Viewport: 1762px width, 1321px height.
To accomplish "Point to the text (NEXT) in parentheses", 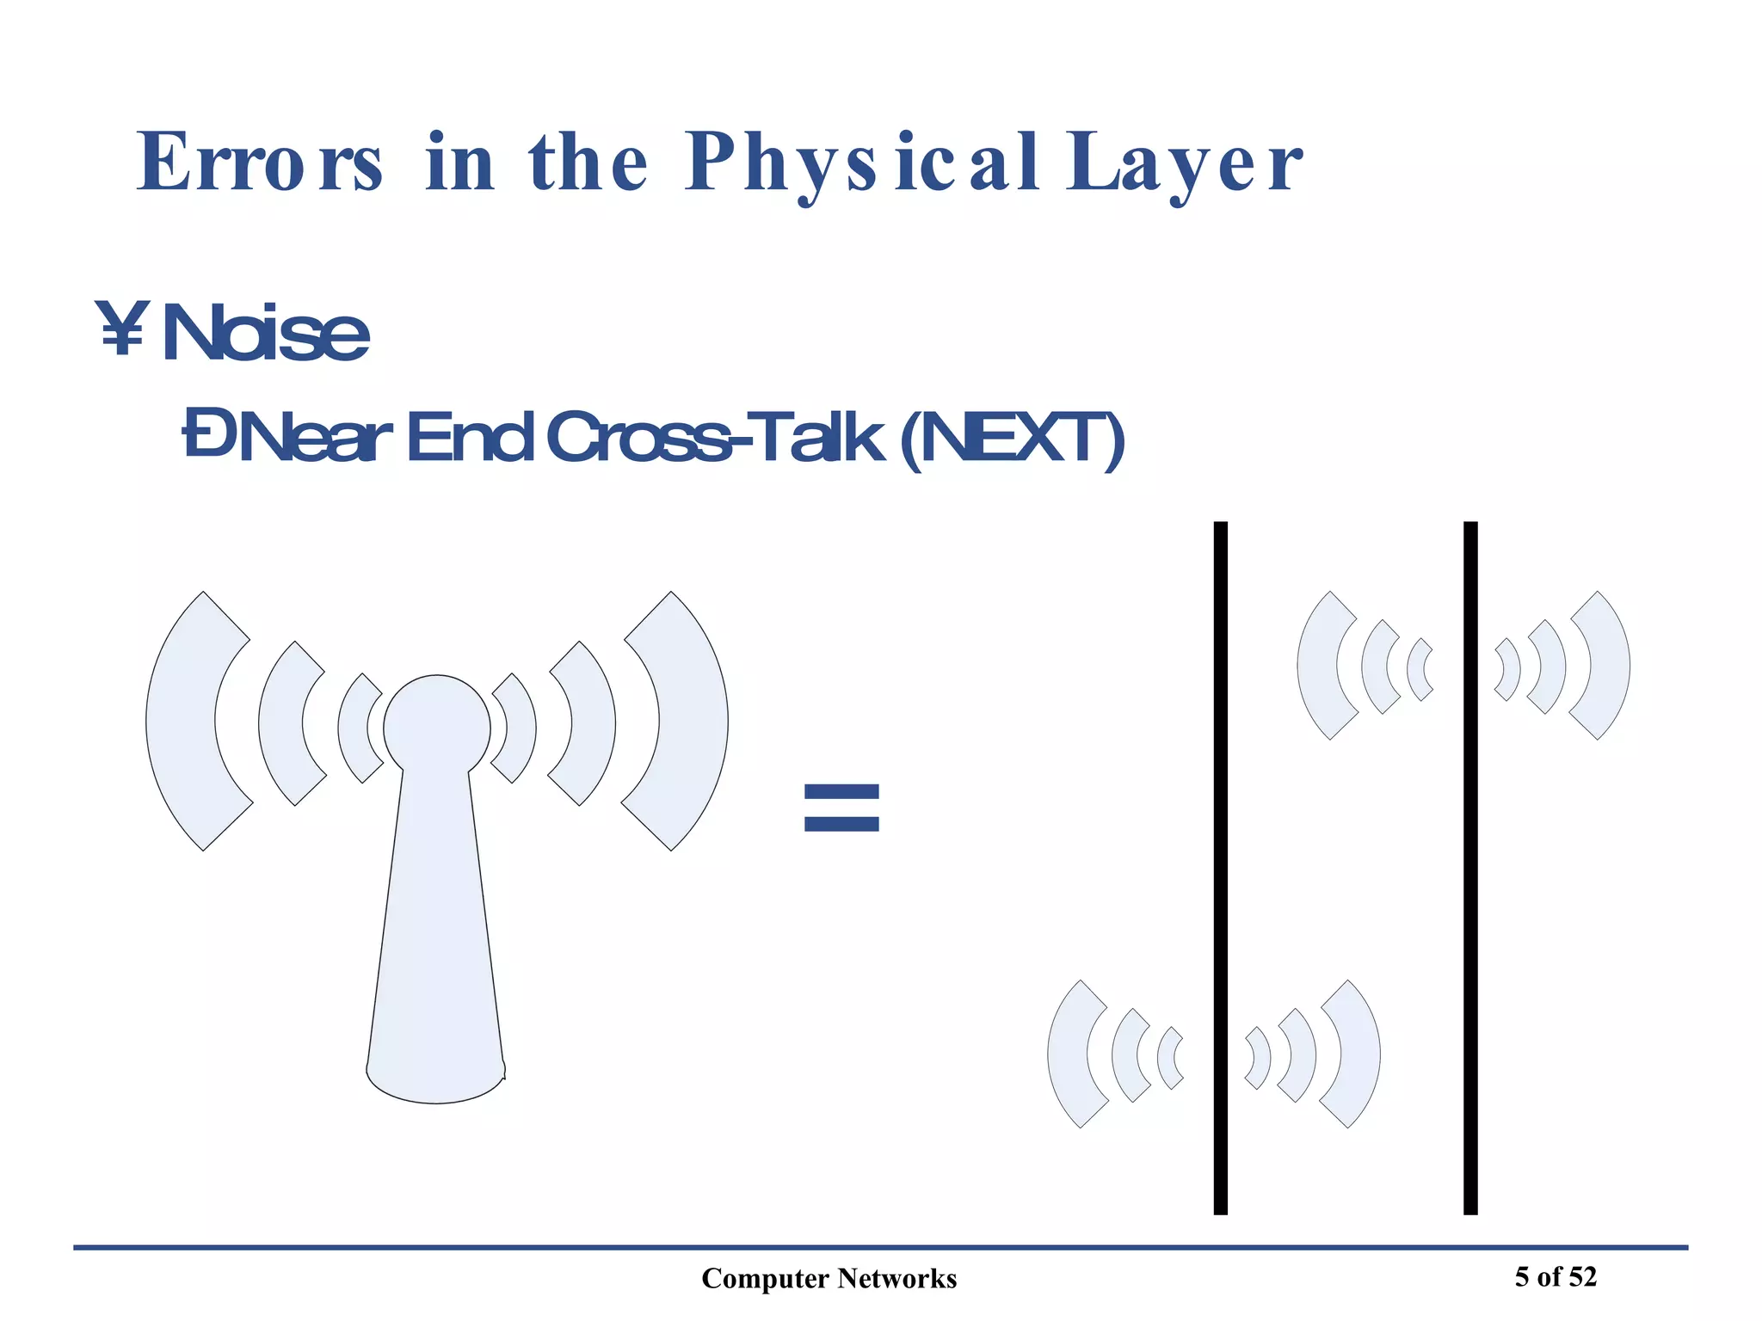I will point(1012,439).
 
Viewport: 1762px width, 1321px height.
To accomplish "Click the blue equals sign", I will point(841,807).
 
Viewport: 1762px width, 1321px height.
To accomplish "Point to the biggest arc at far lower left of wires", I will point(1066,1054).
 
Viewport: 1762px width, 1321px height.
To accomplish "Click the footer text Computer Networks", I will point(829,1279).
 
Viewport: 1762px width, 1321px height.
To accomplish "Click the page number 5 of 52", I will point(1556,1277).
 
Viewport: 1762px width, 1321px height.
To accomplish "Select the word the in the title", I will point(588,163).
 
